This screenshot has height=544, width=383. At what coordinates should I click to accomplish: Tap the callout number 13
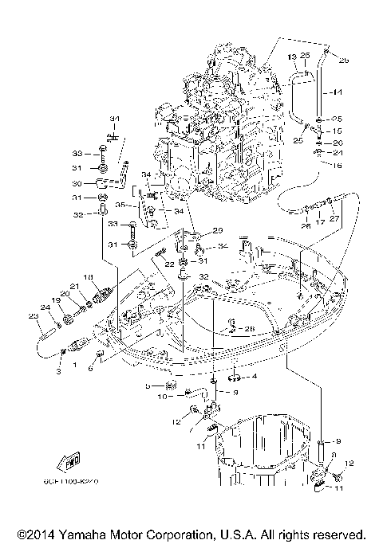coord(292,57)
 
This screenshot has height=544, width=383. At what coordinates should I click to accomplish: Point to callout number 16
coord(337,164)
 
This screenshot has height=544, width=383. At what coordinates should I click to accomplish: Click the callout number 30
coord(100,182)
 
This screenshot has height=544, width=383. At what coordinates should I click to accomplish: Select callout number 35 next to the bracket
coord(143,205)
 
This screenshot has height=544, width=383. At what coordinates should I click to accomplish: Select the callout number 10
coord(161,395)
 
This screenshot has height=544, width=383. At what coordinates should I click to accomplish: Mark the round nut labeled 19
coord(67,317)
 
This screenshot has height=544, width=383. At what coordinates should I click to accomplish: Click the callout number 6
coord(90,368)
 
